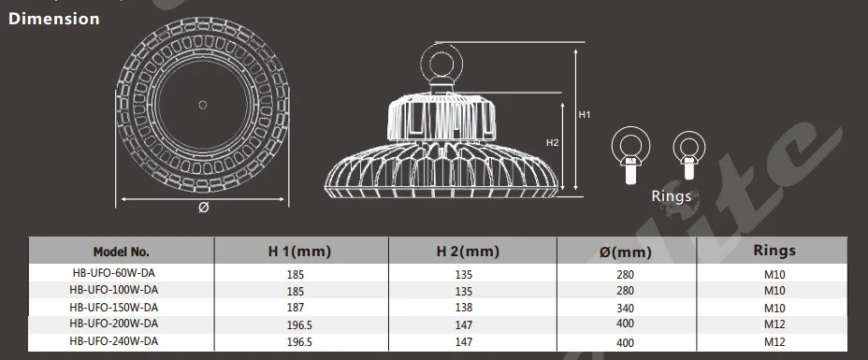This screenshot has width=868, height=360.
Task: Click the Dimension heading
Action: [x=53, y=19]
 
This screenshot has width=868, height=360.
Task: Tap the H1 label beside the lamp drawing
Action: [x=585, y=114]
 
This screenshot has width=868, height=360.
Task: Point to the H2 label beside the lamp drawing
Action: [x=553, y=143]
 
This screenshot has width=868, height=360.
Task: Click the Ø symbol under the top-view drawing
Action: [x=203, y=208]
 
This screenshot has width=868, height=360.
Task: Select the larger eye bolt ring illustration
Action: [x=630, y=155]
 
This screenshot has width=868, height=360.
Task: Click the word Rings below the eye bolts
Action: [x=672, y=196]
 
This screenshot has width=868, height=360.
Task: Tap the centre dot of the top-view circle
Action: [x=203, y=105]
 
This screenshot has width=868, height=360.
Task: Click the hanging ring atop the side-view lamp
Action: [x=441, y=65]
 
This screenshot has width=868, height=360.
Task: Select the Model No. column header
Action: [x=122, y=252]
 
